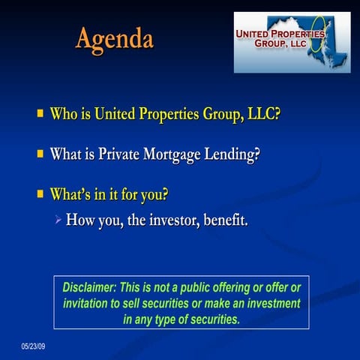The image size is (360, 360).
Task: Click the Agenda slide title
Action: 114,38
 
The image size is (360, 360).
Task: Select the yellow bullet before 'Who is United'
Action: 40,115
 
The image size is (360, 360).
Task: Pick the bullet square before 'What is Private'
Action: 40,154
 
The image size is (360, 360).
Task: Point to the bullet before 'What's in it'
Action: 40,194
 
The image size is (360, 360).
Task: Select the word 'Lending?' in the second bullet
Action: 235,155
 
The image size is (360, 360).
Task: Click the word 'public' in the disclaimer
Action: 208,289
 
